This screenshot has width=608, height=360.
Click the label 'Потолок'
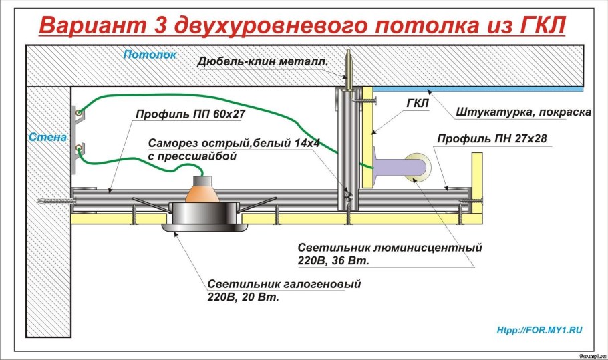pyautogui.click(x=150, y=55)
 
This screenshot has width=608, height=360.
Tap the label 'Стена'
pyautogui.click(x=47, y=138)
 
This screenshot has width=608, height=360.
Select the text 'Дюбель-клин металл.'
pyautogui.click(x=262, y=62)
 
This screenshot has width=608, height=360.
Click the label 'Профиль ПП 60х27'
pyautogui.click(x=190, y=114)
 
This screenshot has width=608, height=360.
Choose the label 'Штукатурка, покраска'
pyautogui.click(x=524, y=112)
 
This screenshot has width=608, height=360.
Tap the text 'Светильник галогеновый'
pyautogui.click(x=283, y=284)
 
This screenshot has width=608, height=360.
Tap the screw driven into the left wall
pyautogui.click(x=51, y=200)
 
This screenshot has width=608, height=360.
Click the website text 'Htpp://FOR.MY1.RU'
pyautogui.click(x=540, y=331)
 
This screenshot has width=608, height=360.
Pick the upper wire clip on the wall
pyautogui.click(x=79, y=112)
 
